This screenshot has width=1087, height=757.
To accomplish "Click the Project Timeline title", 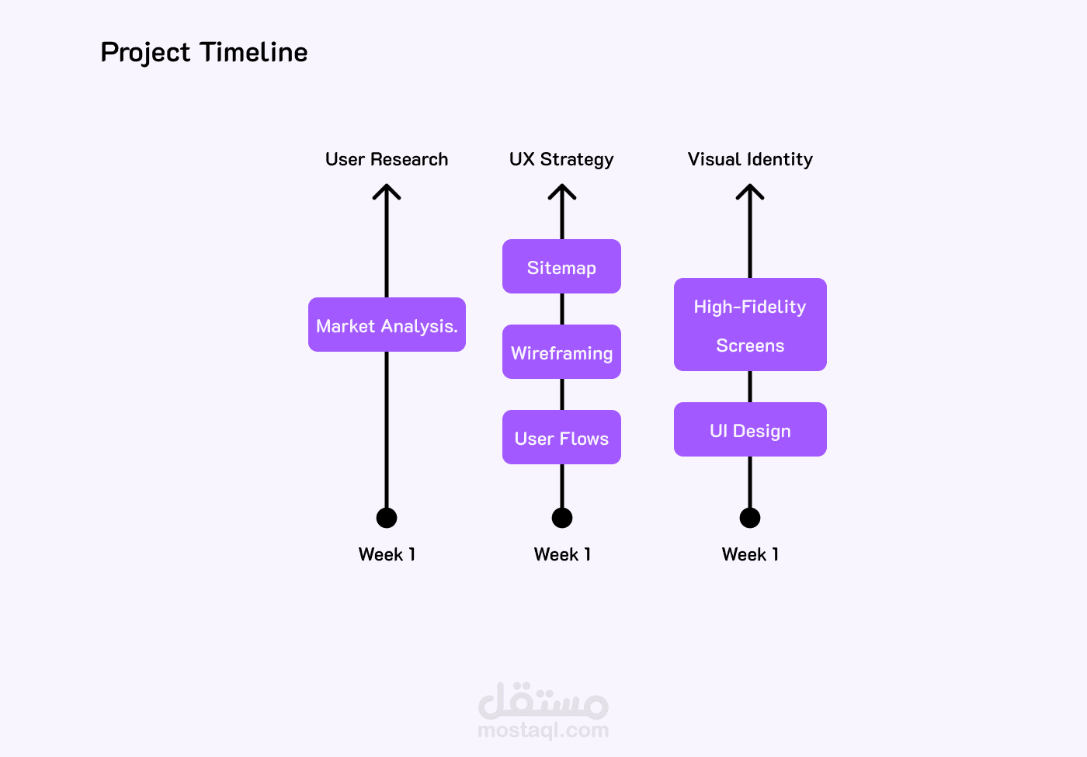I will [204, 52].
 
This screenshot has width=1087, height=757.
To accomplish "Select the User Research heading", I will [387, 159].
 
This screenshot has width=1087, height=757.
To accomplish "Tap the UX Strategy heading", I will [561, 159].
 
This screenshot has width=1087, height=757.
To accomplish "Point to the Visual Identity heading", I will [750, 159].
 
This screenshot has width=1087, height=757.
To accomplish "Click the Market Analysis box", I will [387, 325].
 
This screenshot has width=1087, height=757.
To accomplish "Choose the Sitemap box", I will [561, 267].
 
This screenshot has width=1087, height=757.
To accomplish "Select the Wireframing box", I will [561, 352].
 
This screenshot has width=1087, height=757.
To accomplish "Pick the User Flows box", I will [561, 438].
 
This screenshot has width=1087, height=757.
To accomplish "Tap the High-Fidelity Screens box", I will [750, 325].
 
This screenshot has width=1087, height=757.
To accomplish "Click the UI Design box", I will [750, 430].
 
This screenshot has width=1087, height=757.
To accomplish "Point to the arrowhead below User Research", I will [387, 191].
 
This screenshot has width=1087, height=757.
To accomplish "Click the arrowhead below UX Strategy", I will [562, 191].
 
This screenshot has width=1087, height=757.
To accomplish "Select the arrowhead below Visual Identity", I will [750, 191].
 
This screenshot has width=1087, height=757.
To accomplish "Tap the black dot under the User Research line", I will [387, 517].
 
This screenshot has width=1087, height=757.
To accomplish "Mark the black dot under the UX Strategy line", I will [562, 517].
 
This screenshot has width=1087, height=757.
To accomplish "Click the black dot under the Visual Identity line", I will [750, 517].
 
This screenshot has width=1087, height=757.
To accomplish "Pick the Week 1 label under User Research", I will [387, 554].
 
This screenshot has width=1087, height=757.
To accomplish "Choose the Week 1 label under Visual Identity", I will [750, 554].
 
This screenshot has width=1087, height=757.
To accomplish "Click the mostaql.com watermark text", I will [543, 730].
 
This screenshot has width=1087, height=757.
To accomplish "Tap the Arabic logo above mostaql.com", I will [543, 700].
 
